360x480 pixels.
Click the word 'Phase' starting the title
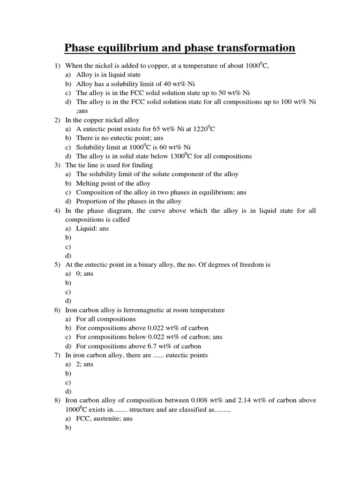79,48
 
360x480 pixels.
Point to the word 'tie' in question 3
82,165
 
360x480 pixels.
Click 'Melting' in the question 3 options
88,183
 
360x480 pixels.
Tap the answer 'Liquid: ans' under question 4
92,228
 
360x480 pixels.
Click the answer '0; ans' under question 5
84,273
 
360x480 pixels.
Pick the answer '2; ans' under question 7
84,364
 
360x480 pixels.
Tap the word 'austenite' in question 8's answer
105,419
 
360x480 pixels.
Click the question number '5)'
57,264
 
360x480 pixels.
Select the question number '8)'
57,400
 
